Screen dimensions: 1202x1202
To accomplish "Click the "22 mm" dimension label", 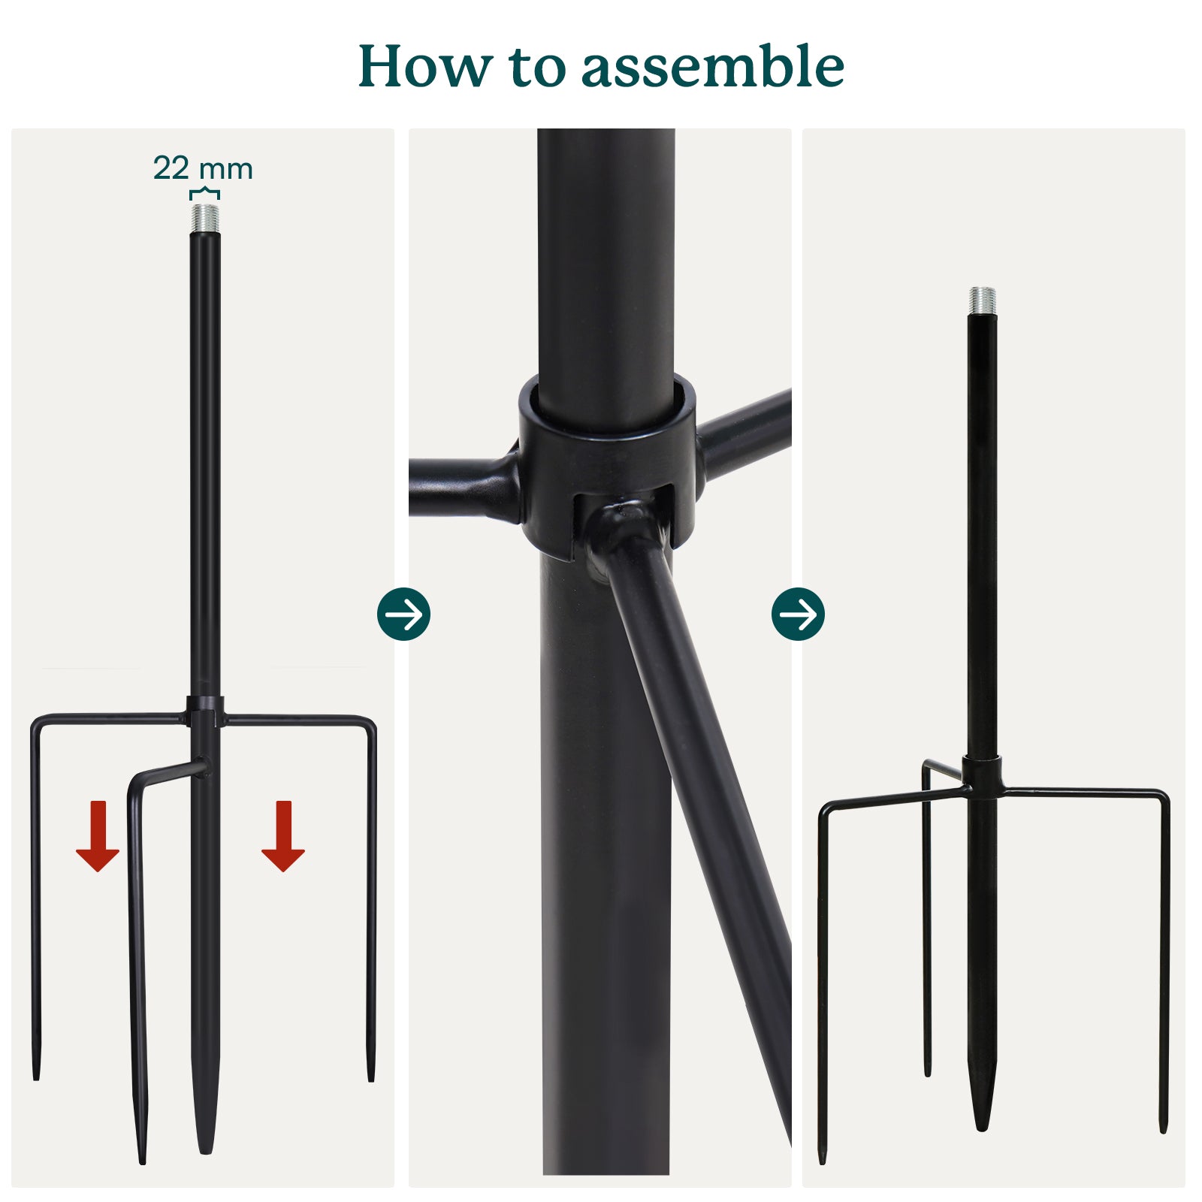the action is (203, 168).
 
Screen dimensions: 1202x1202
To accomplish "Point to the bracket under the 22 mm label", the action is (204, 194).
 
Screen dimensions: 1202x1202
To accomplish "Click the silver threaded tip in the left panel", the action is (205, 218).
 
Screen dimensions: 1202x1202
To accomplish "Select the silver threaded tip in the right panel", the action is (982, 300).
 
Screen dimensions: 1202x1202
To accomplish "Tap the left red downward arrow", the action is (98, 835).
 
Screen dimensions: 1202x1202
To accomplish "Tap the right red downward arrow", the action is (283, 835).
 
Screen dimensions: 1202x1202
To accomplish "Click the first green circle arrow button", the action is (404, 614).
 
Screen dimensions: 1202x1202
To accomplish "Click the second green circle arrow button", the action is (798, 614).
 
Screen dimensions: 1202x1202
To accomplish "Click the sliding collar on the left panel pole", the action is (205, 711).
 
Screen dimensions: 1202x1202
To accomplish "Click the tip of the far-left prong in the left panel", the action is (35, 1079).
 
